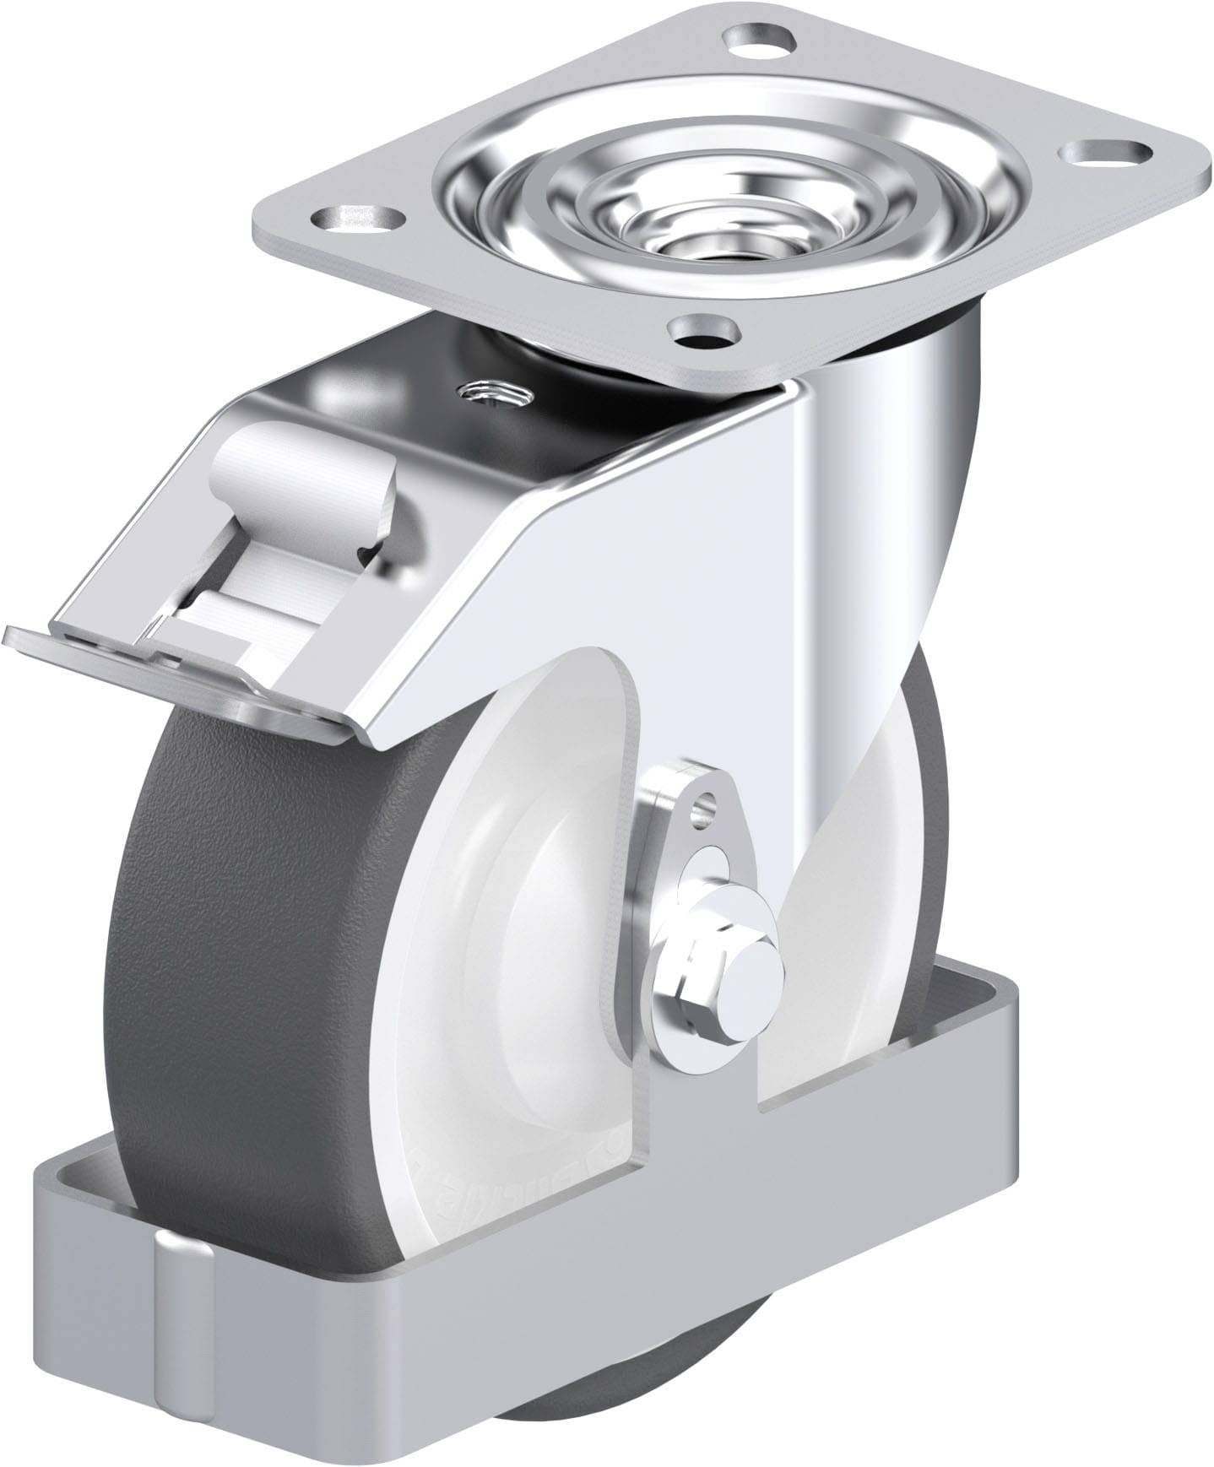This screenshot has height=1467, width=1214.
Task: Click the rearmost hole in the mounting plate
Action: pos(759,37)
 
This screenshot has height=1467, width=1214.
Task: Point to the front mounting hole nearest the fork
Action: pos(703,331)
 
